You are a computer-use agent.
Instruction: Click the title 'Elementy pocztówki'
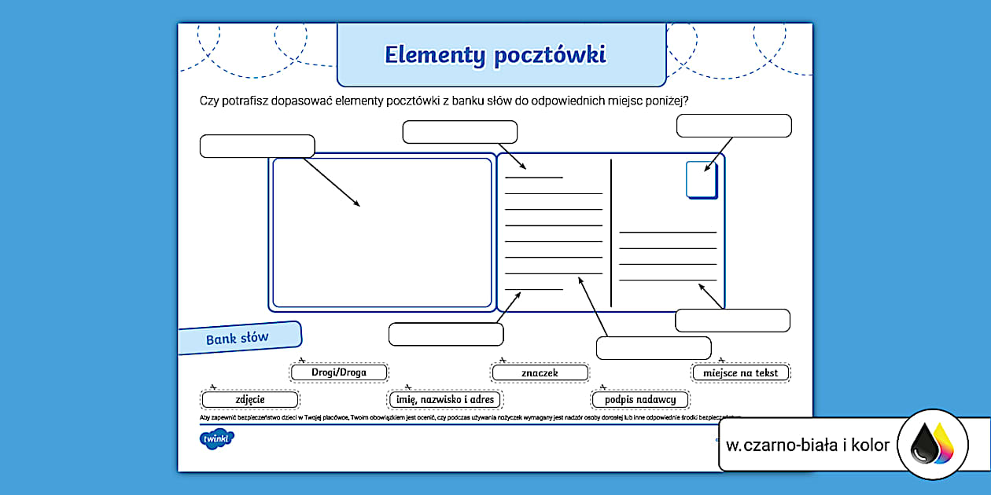coord(495,55)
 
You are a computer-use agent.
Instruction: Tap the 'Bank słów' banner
coord(238,339)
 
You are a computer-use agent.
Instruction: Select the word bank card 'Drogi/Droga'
coord(339,372)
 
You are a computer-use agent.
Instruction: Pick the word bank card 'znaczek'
coord(540,372)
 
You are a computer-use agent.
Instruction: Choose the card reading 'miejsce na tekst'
coord(741,372)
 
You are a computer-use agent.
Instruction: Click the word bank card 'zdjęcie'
coord(250,400)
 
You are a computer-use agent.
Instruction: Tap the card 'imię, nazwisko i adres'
coord(445,400)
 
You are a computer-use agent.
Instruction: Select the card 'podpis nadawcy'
coord(640,400)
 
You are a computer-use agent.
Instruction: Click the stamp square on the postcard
coord(701,180)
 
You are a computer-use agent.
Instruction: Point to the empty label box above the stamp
coord(734,126)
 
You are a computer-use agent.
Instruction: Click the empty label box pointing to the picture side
coord(257,146)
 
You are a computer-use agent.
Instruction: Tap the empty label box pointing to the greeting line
coord(460,132)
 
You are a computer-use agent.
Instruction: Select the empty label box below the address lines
coord(732,321)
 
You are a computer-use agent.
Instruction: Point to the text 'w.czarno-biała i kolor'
coord(808,445)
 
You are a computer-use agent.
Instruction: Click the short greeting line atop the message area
coord(534,178)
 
